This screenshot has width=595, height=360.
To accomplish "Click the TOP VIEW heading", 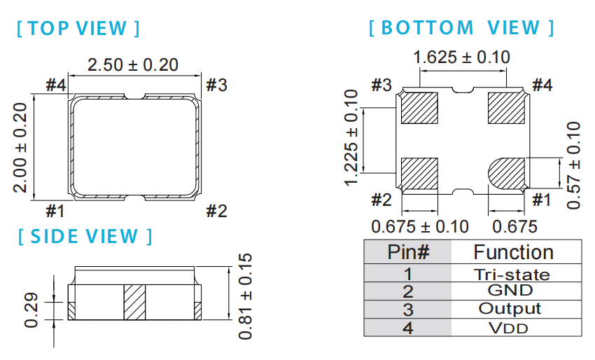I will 78,29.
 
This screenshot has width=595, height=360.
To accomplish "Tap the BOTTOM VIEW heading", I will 461,28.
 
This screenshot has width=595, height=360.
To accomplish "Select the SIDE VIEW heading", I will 85,236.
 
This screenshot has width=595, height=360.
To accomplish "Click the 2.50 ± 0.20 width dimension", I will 133,65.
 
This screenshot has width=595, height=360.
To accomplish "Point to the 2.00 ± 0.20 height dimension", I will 20,147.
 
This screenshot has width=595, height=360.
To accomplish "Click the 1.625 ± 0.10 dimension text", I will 462,57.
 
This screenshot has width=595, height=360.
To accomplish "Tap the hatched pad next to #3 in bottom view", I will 419,109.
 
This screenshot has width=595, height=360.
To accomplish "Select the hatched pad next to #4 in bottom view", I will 506,109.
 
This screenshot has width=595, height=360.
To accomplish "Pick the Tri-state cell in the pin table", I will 517,275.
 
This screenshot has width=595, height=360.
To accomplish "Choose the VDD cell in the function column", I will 517,327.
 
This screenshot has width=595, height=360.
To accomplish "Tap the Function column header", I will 513,252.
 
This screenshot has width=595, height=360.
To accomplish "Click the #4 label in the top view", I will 55,85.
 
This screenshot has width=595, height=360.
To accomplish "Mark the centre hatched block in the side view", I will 134,302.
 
